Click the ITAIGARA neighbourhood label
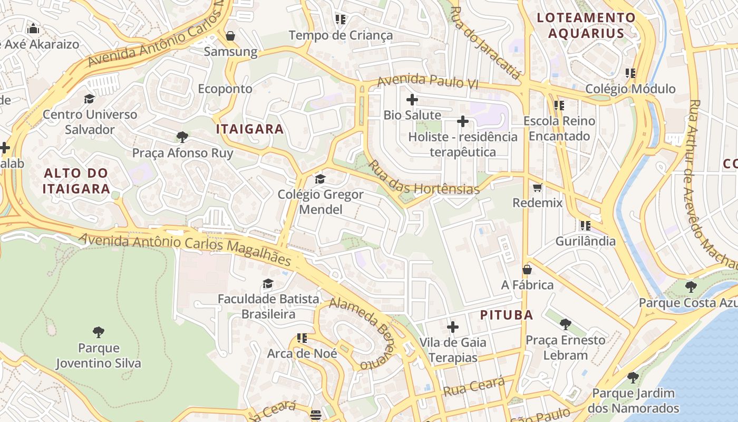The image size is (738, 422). point(250,129)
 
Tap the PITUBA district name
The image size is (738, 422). point(507,315)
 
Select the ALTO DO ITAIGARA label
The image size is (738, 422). point(76,180)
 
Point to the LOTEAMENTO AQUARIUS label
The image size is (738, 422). point(586,25)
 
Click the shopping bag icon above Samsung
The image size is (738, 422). point(230,36)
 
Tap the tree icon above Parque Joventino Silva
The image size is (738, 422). point(98,332)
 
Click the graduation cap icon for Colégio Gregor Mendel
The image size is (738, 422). point(320,179)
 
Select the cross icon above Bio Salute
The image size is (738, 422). point(412,99)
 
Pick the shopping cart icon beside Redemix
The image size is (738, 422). point(537,187)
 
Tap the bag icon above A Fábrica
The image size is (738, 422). point(527,270)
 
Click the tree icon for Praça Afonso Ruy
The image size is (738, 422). point(182,138)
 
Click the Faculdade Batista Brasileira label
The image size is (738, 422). point(268,306)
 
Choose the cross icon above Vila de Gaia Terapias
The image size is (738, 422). point(452,327)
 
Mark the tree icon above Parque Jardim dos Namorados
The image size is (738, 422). point(633,378)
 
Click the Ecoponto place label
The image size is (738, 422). point(225,89)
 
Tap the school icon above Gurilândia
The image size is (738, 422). point(585,226)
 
